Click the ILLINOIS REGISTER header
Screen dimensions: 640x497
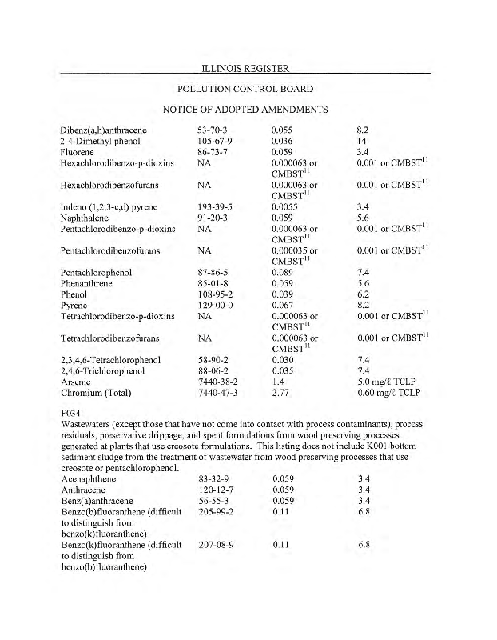248,67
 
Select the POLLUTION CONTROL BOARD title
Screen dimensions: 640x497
248,88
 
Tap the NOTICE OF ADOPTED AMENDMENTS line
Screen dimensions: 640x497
248,109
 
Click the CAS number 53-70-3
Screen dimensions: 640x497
213,129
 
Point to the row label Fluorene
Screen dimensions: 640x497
78,150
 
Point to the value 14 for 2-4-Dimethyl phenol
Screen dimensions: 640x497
361,139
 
